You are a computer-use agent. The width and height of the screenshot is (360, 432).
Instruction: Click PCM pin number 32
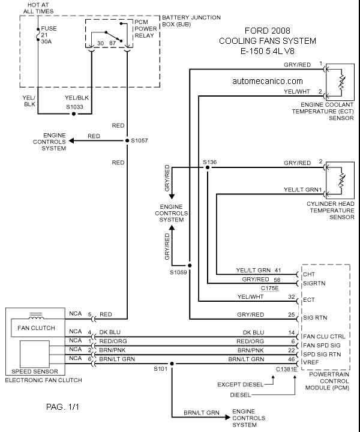(x=291, y=296)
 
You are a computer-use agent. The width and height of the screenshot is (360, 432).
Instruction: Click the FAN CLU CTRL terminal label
(x=325, y=337)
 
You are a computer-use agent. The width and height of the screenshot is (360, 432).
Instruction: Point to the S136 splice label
(x=209, y=162)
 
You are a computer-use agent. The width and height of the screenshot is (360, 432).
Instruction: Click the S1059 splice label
(x=178, y=272)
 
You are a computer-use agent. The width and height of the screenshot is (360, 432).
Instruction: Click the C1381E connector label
(x=286, y=368)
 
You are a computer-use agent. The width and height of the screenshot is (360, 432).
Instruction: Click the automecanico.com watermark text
(x=266, y=80)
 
